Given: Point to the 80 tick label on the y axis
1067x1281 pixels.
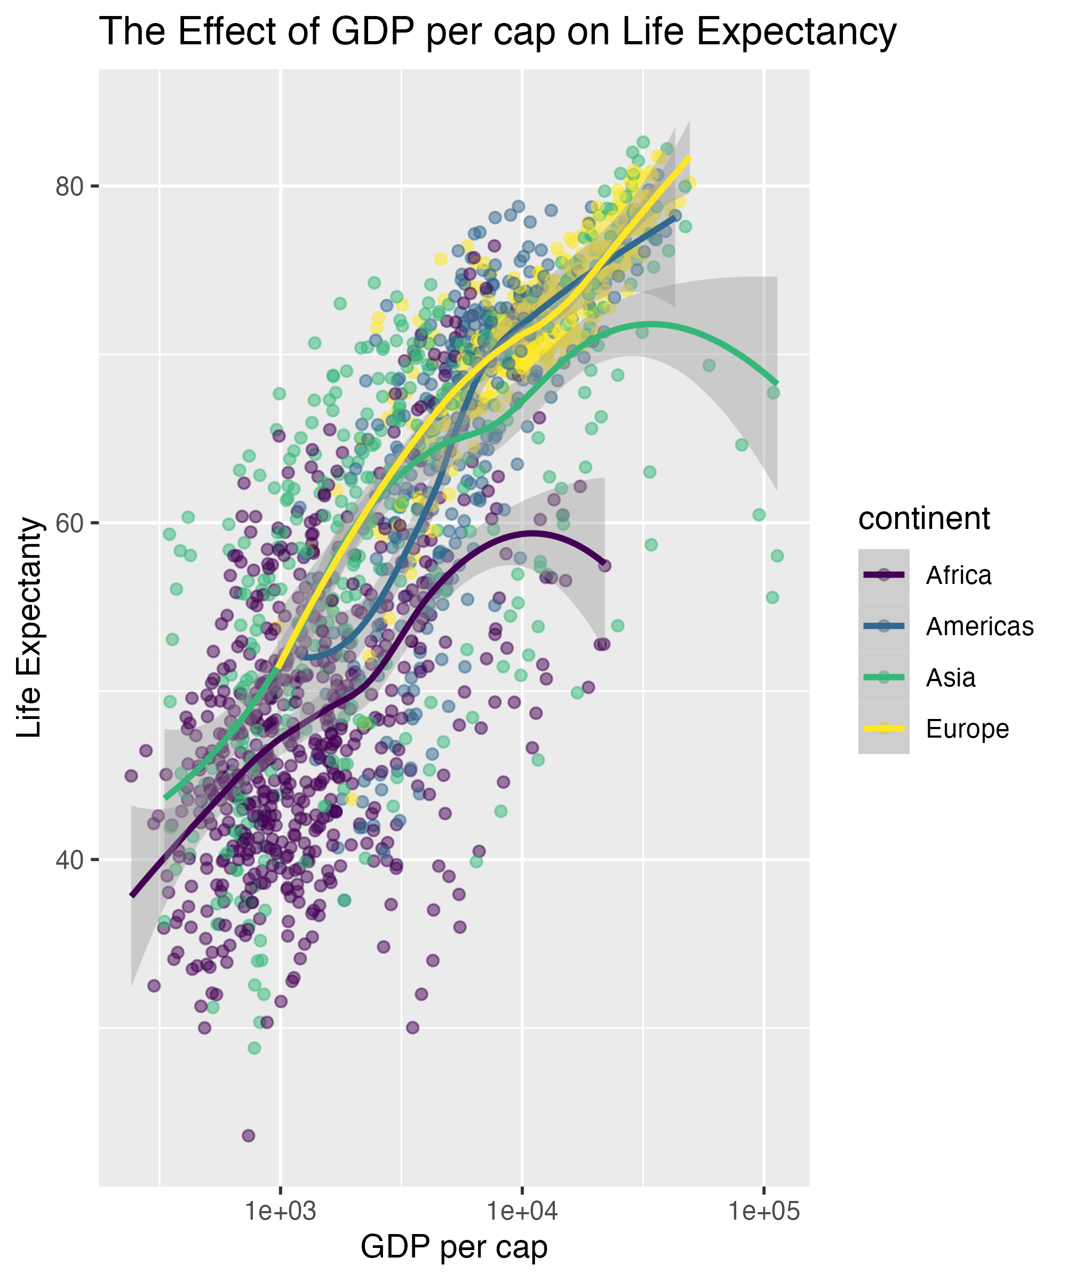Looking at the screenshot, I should pyautogui.click(x=69, y=187).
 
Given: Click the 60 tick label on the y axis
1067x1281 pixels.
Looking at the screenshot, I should pyautogui.click(x=69, y=524).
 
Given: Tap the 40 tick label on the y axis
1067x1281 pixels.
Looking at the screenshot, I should pyautogui.click(x=69, y=860).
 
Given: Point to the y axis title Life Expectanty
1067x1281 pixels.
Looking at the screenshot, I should pyautogui.click(x=29, y=628).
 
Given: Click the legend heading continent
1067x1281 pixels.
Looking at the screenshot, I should pyautogui.click(x=923, y=519).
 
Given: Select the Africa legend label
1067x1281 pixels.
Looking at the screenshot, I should pyautogui.click(x=959, y=575).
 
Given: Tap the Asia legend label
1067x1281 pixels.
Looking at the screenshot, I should pyautogui.click(x=951, y=678).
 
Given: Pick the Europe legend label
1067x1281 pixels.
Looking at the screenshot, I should pyautogui.click(x=968, y=729).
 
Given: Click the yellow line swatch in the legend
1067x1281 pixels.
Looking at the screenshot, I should pyautogui.click(x=883, y=729).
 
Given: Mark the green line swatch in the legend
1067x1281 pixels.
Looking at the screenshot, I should pyautogui.click(x=883, y=677).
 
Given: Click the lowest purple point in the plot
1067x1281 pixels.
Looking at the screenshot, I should pyautogui.click(x=248, y=1135).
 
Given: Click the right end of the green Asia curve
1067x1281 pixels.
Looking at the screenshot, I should pyautogui.click(x=777, y=383).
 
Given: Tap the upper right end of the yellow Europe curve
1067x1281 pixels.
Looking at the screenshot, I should pyautogui.click(x=689, y=158).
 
